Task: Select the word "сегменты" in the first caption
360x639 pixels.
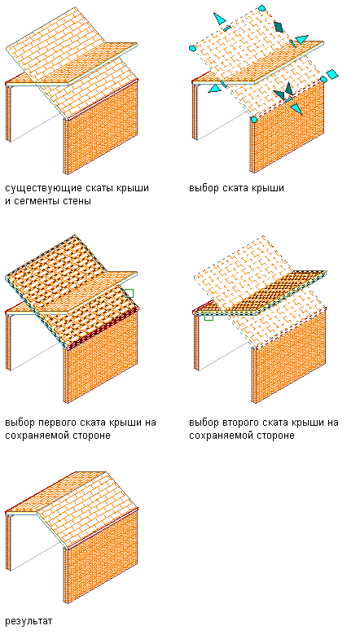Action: tap(34, 200)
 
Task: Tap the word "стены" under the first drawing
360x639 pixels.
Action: tap(75, 200)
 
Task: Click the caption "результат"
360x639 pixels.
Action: tap(29, 622)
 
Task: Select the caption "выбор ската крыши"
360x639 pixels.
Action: tap(236, 188)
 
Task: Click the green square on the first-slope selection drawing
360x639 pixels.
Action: tap(129, 293)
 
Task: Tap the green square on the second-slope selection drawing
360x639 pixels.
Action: tap(209, 316)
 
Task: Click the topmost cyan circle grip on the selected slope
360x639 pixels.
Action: tap(262, 8)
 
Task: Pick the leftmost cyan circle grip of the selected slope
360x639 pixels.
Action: tap(192, 49)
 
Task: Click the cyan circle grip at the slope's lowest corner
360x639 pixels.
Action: tap(254, 120)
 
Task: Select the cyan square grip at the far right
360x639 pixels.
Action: tap(333, 74)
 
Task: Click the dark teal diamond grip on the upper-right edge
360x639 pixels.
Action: tap(279, 27)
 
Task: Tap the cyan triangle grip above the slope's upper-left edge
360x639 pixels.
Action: tap(219, 19)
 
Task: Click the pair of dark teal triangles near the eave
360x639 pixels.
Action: tap(283, 92)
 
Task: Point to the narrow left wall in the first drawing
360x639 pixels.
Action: tap(8, 113)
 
